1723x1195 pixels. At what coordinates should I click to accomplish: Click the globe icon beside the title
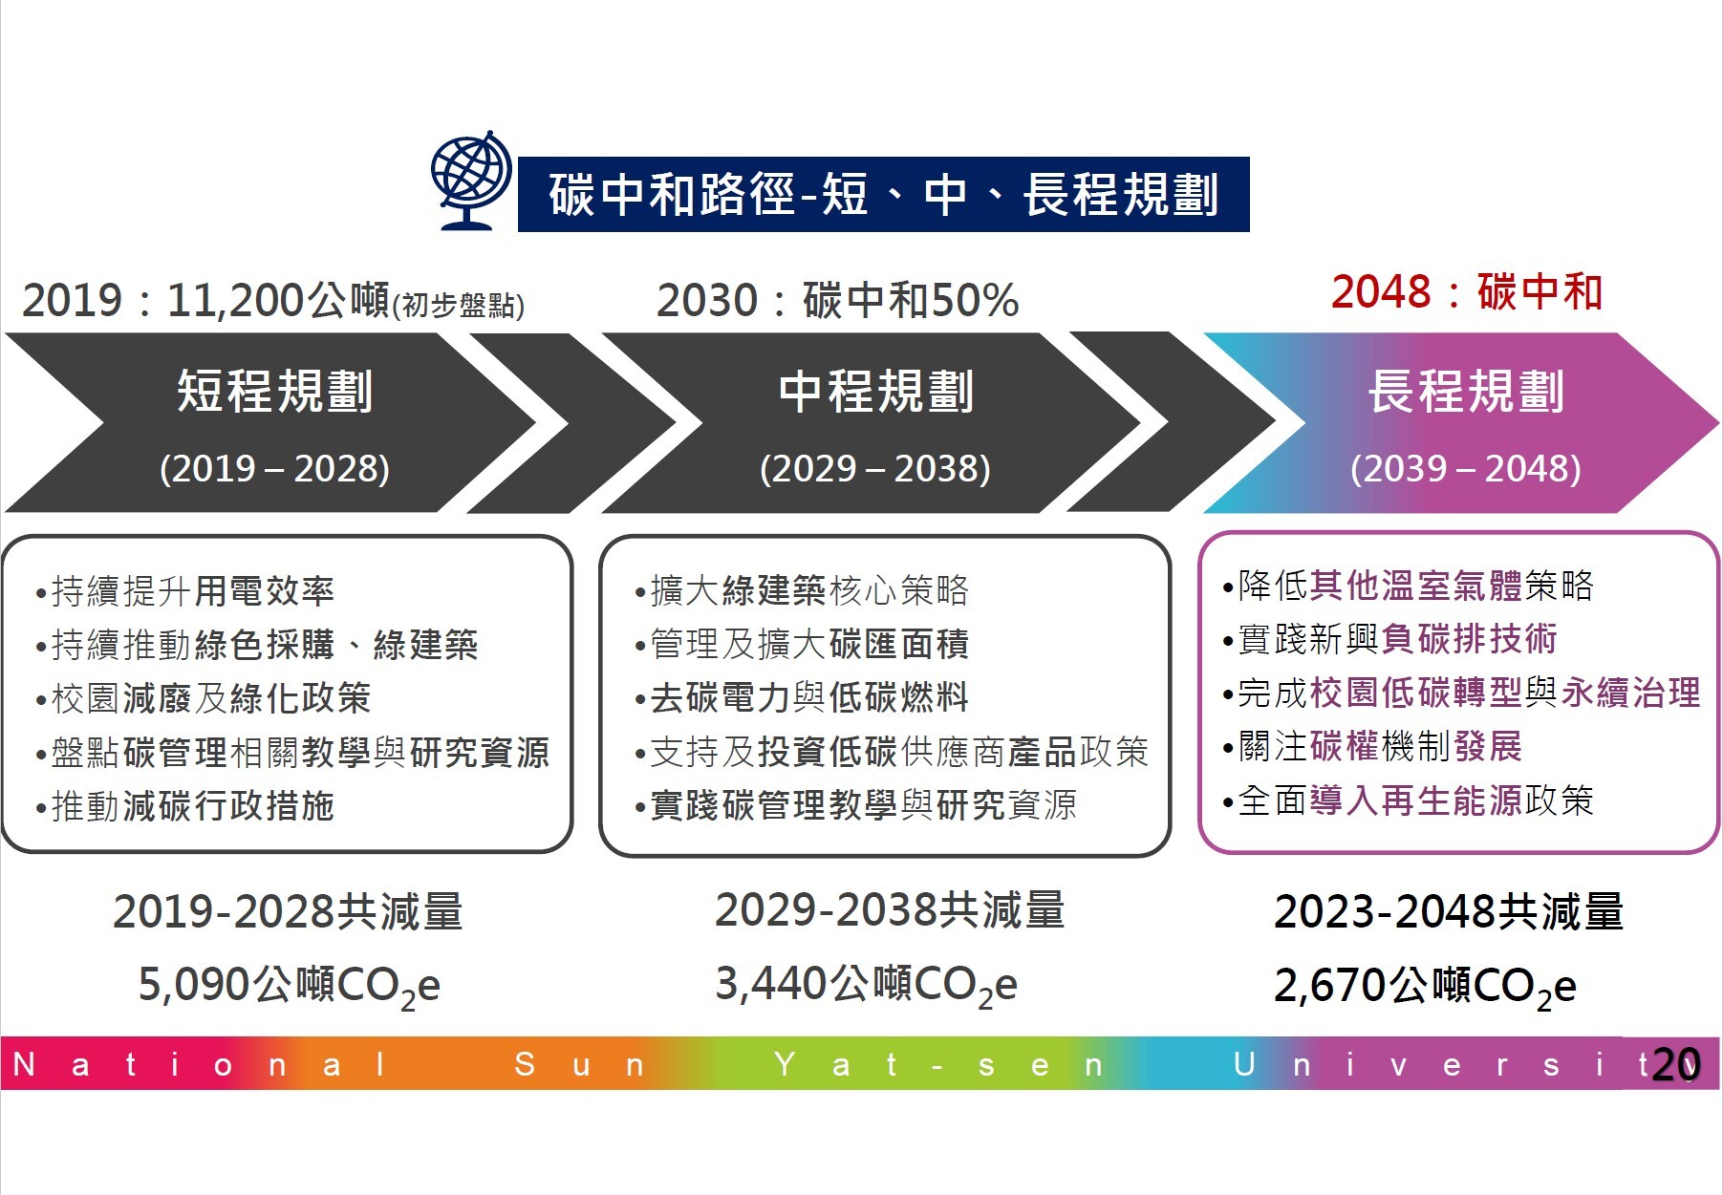[x=470, y=181]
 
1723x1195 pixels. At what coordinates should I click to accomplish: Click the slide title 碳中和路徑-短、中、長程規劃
[x=883, y=195]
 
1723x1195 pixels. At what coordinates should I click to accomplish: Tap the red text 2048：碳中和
[x=1467, y=291]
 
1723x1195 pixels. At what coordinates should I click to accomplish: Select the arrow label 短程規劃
[x=274, y=391]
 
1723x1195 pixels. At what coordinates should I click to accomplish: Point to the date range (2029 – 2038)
[x=874, y=468]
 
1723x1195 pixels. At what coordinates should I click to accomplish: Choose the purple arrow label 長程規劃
[x=1466, y=391]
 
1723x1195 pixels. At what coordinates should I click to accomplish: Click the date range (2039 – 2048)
[x=1465, y=468]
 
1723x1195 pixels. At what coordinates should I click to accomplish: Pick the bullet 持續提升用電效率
[x=184, y=591]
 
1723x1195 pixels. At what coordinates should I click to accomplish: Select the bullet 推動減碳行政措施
[x=184, y=806]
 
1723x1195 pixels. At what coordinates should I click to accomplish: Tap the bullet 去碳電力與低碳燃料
[x=802, y=697]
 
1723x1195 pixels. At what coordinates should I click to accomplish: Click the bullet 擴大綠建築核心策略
[x=802, y=590]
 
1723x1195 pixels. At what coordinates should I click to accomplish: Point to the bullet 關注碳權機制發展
[x=1372, y=746]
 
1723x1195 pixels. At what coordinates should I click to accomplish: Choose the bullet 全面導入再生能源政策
[x=1408, y=800]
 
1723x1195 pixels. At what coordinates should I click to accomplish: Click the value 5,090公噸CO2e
[x=289, y=986]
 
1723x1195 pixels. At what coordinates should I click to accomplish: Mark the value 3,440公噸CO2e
[x=866, y=985]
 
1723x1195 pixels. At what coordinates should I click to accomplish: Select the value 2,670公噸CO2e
[x=1425, y=986]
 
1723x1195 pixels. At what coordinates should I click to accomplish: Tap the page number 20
[x=1676, y=1064]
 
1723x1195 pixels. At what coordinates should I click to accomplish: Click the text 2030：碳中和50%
[x=837, y=300]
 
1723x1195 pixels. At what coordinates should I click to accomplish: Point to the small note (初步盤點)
[x=459, y=305]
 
